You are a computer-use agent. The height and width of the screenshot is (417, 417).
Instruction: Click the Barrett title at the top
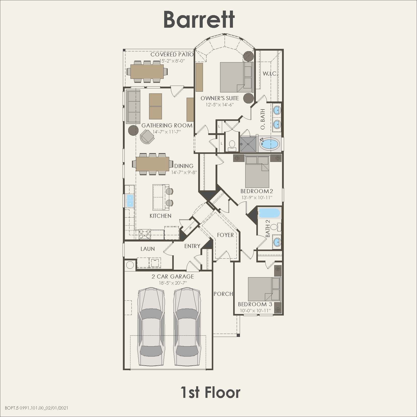(199, 20)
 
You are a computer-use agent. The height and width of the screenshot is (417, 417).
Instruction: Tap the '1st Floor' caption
(211, 392)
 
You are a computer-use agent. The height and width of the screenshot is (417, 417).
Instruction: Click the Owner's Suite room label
(220, 98)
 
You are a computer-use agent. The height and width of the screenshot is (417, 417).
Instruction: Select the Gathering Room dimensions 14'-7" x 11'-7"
(167, 132)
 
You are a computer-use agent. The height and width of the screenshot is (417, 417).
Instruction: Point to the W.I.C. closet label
(270, 74)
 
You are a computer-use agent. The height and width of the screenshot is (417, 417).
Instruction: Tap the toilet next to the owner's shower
(232, 145)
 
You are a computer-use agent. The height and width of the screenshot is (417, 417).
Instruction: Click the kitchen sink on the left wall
(130, 201)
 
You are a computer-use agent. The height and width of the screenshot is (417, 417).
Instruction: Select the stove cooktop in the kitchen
(145, 234)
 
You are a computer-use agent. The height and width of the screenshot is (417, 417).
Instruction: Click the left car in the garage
(150, 327)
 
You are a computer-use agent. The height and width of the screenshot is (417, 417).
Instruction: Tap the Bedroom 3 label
(255, 304)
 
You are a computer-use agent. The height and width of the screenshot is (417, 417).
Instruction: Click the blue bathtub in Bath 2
(269, 213)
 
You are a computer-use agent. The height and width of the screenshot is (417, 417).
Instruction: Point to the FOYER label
(225, 235)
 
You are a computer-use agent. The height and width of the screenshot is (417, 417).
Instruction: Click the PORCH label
(223, 294)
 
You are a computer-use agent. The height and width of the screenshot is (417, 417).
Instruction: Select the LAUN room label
(148, 249)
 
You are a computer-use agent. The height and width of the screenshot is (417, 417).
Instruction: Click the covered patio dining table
(147, 72)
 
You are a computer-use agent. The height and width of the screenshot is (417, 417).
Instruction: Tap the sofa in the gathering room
(133, 107)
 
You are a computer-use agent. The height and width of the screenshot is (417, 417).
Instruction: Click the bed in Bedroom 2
(257, 171)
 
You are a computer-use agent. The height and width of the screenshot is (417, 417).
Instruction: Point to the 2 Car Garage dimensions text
(173, 283)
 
